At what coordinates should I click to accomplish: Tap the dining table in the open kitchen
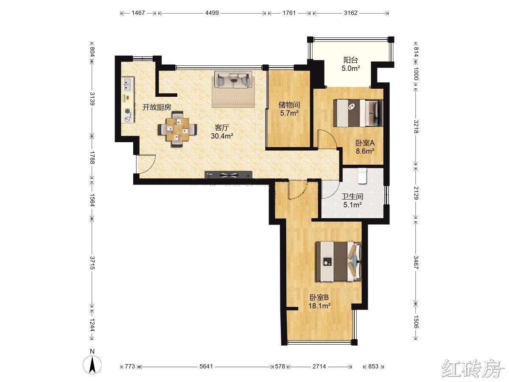[178, 129]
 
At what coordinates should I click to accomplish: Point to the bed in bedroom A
[358, 113]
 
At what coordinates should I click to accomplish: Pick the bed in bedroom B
[338, 261]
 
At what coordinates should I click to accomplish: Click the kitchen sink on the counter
[128, 84]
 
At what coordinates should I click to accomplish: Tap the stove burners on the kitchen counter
[128, 115]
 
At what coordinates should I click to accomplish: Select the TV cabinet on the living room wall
[228, 175]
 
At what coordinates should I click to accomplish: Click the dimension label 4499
[212, 13]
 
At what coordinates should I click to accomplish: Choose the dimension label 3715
[92, 263]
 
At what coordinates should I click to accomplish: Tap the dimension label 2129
[416, 193]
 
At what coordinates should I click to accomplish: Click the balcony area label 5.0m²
[351, 68]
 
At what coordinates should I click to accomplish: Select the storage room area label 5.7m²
[289, 113]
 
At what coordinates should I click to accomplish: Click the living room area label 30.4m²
[222, 136]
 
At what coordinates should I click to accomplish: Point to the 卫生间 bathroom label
[352, 197]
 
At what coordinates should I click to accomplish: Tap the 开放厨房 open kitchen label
[157, 107]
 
